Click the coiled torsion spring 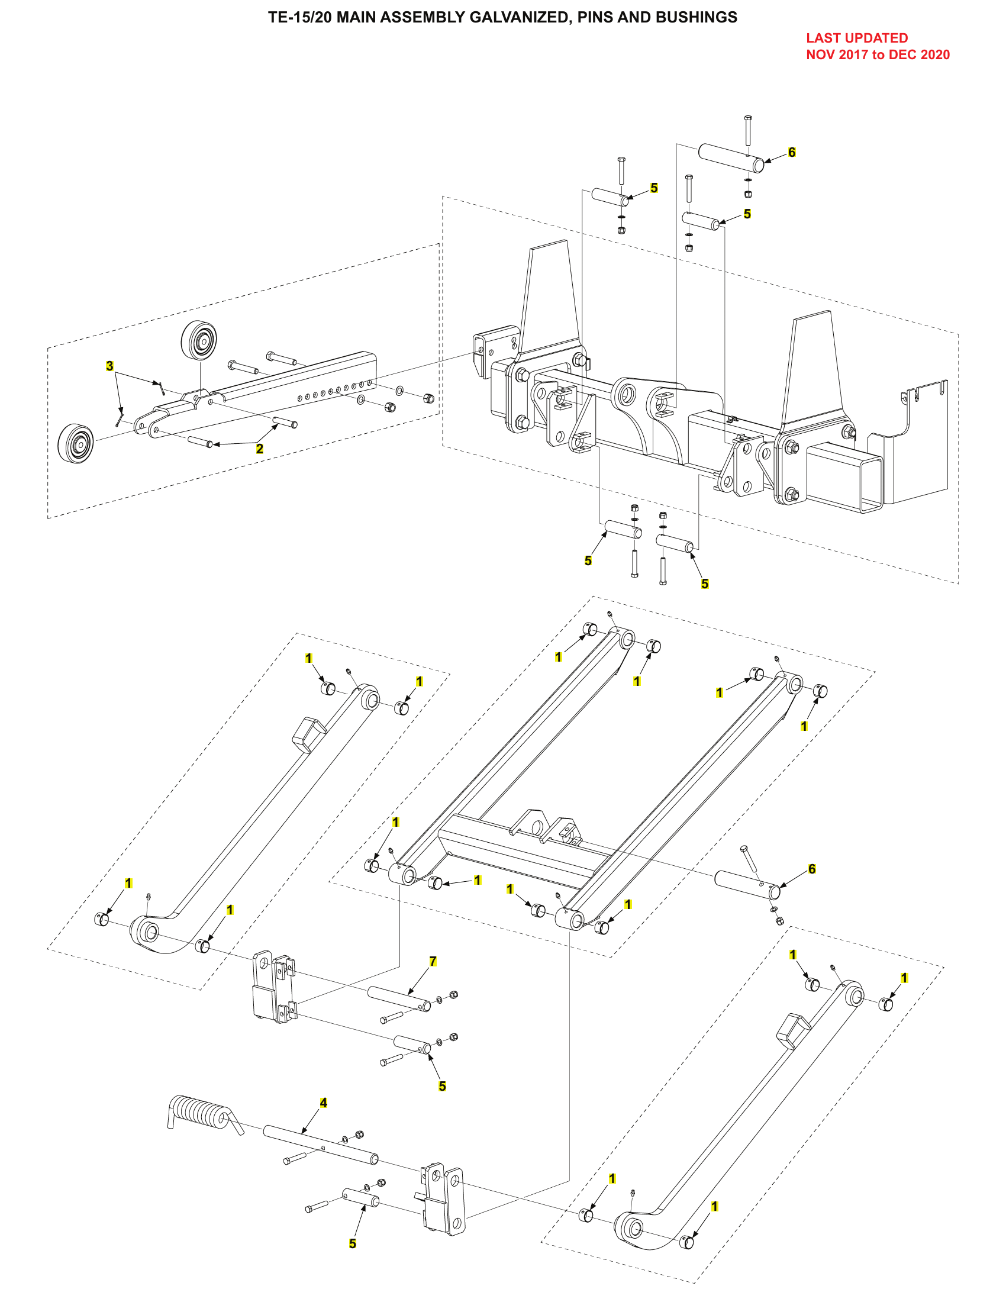pyautogui.click(x=200, y=1112)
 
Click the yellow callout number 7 pyautogui.click(x=433, y=962)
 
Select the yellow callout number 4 pyautogui.click(x=324, y=1103)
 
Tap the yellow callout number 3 pyautogui.click(x=109, y=365)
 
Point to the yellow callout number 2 pyautogui.click(x=259, y=449)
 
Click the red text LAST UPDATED pyautogui.click(x=856, y=38)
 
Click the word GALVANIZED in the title pyautogui.click(x=518, y=17)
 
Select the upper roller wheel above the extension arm pyautogui.click(x=198, y=340)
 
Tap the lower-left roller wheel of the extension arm pyautogui.click(x=76, y=443)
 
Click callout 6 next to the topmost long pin pyautogui.click(x=791, y=152)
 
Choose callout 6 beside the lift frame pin pyautogui.click(x=812, y=869)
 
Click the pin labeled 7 pyautogui.click(x=398, y=1000)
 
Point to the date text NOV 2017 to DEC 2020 pyautogui.click(x=877, y=55)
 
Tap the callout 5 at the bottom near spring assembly pyautogui.click(x=352, y=1243)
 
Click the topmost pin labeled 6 pyautogui.click(x=731, y=157)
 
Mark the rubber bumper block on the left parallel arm pyautogui.click(x=309, y=734)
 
